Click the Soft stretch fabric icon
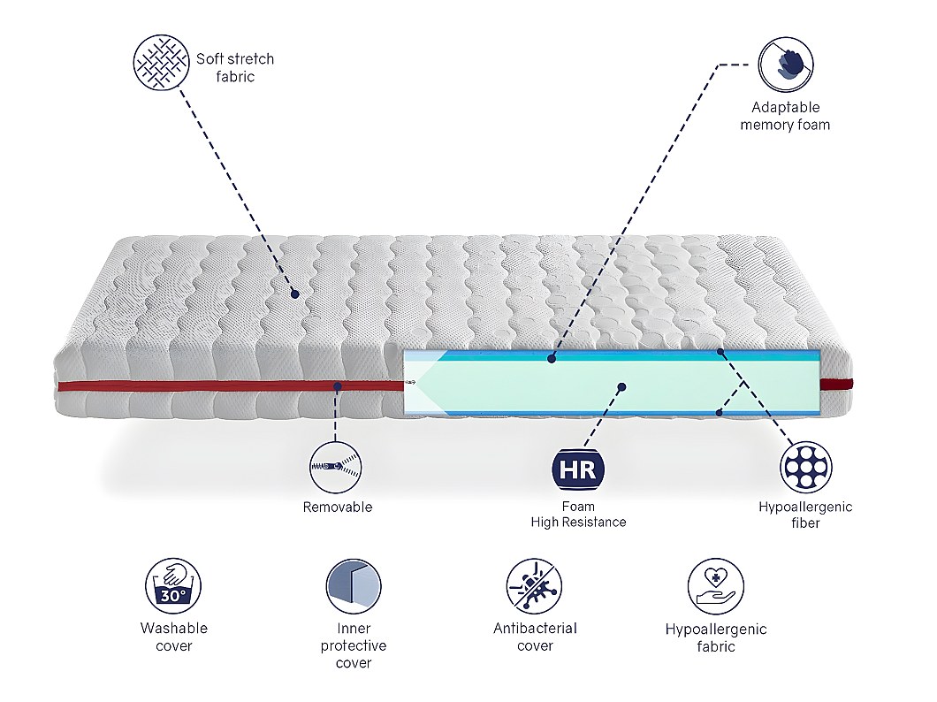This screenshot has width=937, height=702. click(162, 63)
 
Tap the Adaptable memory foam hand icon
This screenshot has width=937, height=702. click(786, 65)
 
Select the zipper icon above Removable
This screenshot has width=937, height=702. click(336, 467)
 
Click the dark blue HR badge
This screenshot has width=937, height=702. click(578, 470)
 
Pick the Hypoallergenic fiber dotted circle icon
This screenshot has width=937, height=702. click(805, 467)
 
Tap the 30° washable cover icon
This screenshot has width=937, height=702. click(173, 586)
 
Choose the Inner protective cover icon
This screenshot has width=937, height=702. click(354, 586)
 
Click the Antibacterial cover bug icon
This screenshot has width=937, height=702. click(534, 586)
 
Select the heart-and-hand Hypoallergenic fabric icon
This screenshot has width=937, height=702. click(715, 586)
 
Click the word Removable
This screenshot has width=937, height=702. click(338, 507)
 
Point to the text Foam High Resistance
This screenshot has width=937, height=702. click(578, 515)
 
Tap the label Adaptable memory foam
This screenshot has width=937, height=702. click(785, 116)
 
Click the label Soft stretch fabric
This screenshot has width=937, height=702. click(235, 67)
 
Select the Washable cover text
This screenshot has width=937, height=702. click(174, 637)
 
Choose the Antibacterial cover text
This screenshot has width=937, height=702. click(535, 637)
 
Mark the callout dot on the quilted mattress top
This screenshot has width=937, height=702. click(294, 294)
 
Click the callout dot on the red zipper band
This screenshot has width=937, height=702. click(338, 386)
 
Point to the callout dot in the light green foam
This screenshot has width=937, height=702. click(621, 387)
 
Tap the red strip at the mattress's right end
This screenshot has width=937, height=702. click(836, 385)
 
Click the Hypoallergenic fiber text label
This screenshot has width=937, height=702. click(805, 515)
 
